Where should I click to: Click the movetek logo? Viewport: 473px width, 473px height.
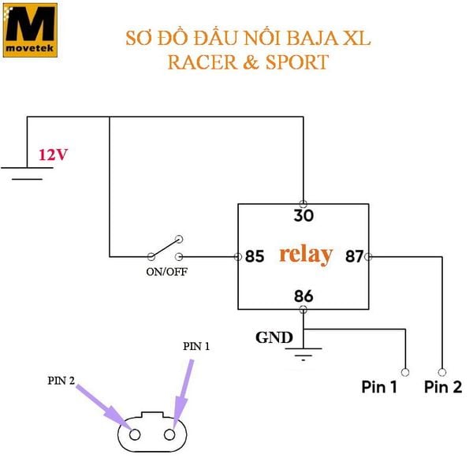pos(30,30)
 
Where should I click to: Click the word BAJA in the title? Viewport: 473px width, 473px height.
pos(312,39)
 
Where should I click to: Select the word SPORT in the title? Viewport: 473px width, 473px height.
pos(297,62)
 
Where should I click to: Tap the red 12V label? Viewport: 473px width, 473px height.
pos(53,155)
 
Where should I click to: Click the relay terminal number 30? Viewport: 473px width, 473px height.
pos(304,215)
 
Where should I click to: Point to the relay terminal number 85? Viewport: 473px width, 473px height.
pos(255,256)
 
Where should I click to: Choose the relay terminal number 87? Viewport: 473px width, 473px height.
pos(355,256)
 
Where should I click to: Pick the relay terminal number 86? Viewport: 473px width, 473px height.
pos(304,296)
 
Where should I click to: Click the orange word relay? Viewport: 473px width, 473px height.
pos(306,255)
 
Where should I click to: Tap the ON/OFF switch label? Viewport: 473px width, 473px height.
pos(166,272)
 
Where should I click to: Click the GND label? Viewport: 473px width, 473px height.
pos(274,337)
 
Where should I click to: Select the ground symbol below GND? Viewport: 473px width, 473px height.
pos(304,354)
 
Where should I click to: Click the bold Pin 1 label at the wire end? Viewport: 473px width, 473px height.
pos(379,387)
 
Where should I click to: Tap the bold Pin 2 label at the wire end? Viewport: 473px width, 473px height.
pos(443,387)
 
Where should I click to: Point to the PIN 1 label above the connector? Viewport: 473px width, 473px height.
pos(196,346)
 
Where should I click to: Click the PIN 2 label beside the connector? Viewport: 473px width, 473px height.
pos(61,381)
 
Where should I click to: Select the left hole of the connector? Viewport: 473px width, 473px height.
pos(135,434)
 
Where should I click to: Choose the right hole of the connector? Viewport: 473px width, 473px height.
pos(169,434)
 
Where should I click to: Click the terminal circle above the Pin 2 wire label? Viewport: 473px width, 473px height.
pos(442,372)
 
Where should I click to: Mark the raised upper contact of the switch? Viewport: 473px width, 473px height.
pos(179,239)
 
